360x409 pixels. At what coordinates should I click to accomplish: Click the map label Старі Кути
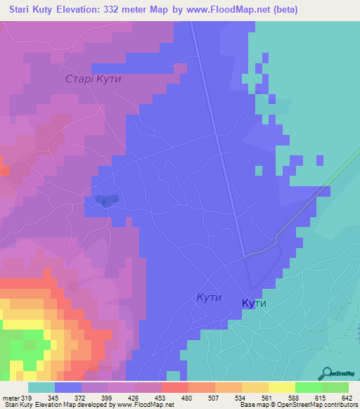(x=94, y=79)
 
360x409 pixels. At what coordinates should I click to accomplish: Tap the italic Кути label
(x=209, y=297)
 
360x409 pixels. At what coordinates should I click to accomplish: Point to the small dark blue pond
(x=103, y=202)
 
